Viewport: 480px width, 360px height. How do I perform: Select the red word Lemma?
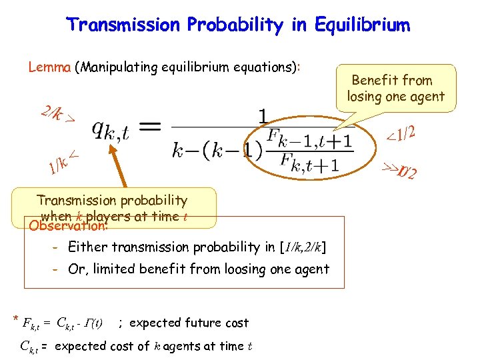click(49, 67)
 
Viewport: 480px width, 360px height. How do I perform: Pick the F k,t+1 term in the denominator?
click(307, 163)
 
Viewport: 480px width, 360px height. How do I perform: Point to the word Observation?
click(67, 226)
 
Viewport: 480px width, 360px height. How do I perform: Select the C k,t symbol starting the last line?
click(29, 346)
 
